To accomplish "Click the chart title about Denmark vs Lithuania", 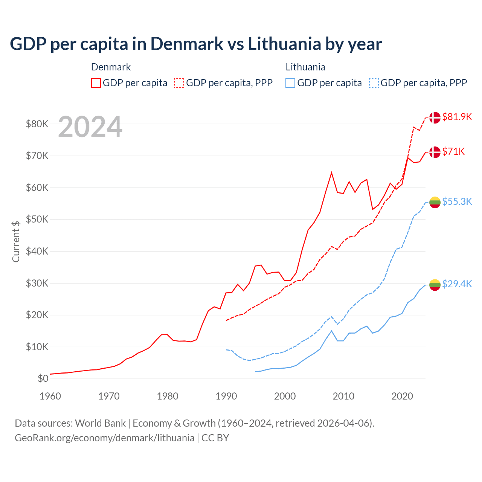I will click(x=196, y=44).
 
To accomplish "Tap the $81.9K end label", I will click(x=457, y=117).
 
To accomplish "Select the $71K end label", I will click(x=453, y=151).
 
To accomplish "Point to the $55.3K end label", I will click(x=457, y=201).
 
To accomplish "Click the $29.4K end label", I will click(x=457, y=284).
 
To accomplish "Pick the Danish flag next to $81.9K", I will click(x=435, y=117).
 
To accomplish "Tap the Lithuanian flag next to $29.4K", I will click(x=435, y=285).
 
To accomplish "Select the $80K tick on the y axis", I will click(x=37, y=124).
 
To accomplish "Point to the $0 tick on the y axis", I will click(x=43, y=378).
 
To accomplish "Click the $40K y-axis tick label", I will click(x=37, y=251).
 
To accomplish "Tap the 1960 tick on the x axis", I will click(x=50, y=396).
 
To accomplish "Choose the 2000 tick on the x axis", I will click(x=285, y=396).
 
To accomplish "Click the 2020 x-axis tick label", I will click(x=402, y=396).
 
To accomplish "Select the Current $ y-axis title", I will click(x=16, y=241).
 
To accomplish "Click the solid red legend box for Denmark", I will click(x=96, y=83).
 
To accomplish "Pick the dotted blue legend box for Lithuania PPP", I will click(x=374, y=83).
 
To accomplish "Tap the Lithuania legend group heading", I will click(x=305, y=67).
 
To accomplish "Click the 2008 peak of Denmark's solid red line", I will click(x=331, y=173).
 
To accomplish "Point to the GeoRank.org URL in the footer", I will click(x=104, y=438).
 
